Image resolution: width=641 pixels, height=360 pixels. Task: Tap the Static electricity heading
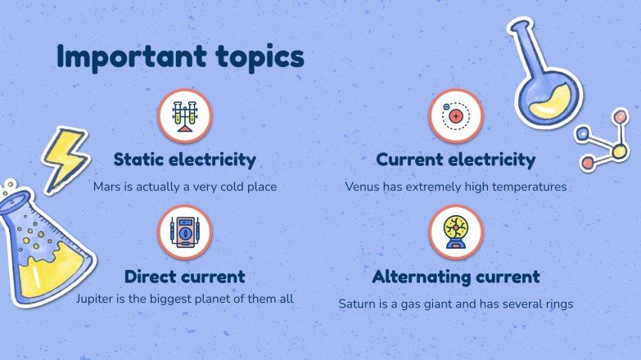click(184, 160)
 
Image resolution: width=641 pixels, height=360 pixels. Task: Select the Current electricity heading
click(455, 160)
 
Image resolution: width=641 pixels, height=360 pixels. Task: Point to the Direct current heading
click(184, 277)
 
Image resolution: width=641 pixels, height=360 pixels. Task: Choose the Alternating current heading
click(456, 277)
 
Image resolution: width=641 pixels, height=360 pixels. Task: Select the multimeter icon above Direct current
click(185, 232)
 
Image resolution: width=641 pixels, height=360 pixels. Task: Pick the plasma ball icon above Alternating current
click(456, 232)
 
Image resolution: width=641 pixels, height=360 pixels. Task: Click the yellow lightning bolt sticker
click(64, 156)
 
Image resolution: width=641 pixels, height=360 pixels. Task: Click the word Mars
click(107, 187)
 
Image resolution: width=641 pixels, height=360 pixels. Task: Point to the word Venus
click(363, 187)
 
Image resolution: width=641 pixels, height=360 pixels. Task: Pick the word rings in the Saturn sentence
click(556, 304)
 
